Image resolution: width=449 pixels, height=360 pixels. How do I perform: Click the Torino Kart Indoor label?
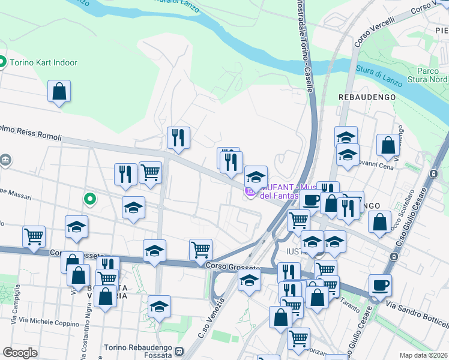pos(43,62)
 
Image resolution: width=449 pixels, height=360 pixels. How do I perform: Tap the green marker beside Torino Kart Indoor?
pos(2,62)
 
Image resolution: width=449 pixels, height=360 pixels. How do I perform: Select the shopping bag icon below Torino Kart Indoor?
pos(59,92)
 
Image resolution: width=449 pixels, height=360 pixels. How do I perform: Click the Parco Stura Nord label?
pos(432,75)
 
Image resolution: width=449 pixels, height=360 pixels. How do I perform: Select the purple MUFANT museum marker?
pos(250,192)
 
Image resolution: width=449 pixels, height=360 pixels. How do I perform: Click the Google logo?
pos(20,353)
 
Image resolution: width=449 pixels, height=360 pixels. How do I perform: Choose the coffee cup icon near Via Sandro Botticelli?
pos(379,285)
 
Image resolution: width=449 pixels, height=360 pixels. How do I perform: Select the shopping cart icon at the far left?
pos(34,236)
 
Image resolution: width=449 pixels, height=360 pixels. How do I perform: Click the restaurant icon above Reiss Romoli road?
pos(178,137)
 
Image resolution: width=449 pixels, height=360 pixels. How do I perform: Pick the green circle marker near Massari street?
pos(90,198)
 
